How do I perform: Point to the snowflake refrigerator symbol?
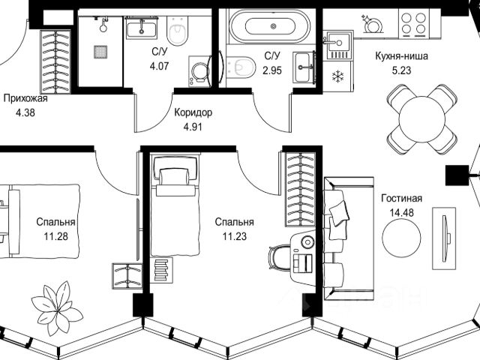(x=337, y=76)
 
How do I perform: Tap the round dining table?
(x=422, y=118)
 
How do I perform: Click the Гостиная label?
(x=401, y=199)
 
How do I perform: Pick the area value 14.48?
(x=401, y=212)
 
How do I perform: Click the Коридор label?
(x=193, y=112)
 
